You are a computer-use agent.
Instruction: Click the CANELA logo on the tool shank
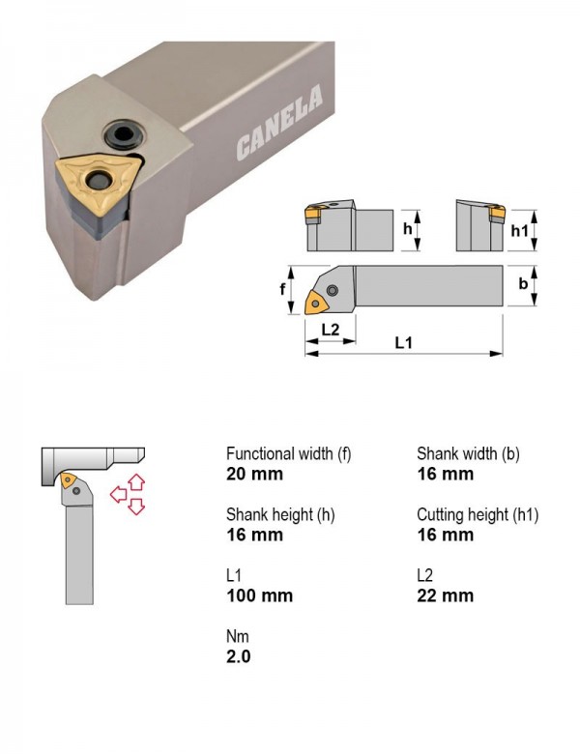279,122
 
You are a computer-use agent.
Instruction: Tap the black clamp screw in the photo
123,134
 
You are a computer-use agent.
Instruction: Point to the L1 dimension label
403,343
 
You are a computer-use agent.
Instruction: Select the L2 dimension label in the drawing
331,330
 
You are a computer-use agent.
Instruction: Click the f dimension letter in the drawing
283,288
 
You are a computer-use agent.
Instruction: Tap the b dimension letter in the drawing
523,283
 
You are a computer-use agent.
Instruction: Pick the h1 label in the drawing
519,231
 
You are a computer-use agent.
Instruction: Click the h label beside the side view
408,229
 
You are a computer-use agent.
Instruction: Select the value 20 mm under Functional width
254,474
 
